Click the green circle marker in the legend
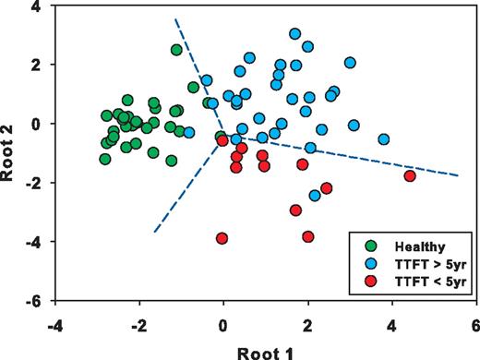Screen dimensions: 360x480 [370, 246]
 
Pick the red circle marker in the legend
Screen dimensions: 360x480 [370, 280]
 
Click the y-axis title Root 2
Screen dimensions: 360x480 [11, 153]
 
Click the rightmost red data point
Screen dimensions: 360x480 [410, 176]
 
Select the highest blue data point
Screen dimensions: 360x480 [294, 34]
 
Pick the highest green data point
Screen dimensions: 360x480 [176, 50]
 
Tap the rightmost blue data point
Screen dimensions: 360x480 [383, 139]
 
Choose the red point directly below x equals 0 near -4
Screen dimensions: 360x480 [222, 238]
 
